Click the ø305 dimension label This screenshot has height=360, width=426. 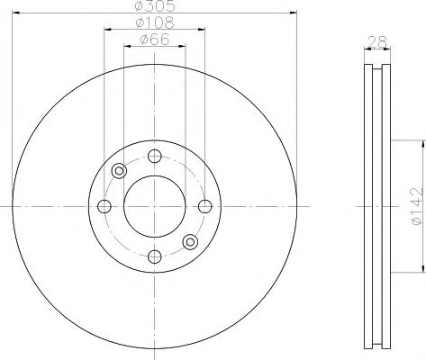(x=154, y=6)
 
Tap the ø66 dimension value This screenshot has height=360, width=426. (x=154, y=40)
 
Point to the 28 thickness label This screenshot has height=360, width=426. (x=377, y=40)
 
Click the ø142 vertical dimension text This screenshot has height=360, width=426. (x=415, y=205)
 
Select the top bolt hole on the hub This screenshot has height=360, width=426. (x=154, y=155)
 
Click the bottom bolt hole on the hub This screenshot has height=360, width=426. (x=154, y=257)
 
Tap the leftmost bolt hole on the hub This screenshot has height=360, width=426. (x=104, y=206)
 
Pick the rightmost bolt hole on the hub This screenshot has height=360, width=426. (x=205, y=206)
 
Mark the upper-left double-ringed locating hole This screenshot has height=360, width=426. (x=119, y=171)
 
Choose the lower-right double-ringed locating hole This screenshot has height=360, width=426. (x=190, y=241)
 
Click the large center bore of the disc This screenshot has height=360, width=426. (x=154, y=206)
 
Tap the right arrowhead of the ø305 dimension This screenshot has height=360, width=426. (x=290, y=13)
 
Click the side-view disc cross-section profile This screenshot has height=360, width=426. (x=377, y=206)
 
